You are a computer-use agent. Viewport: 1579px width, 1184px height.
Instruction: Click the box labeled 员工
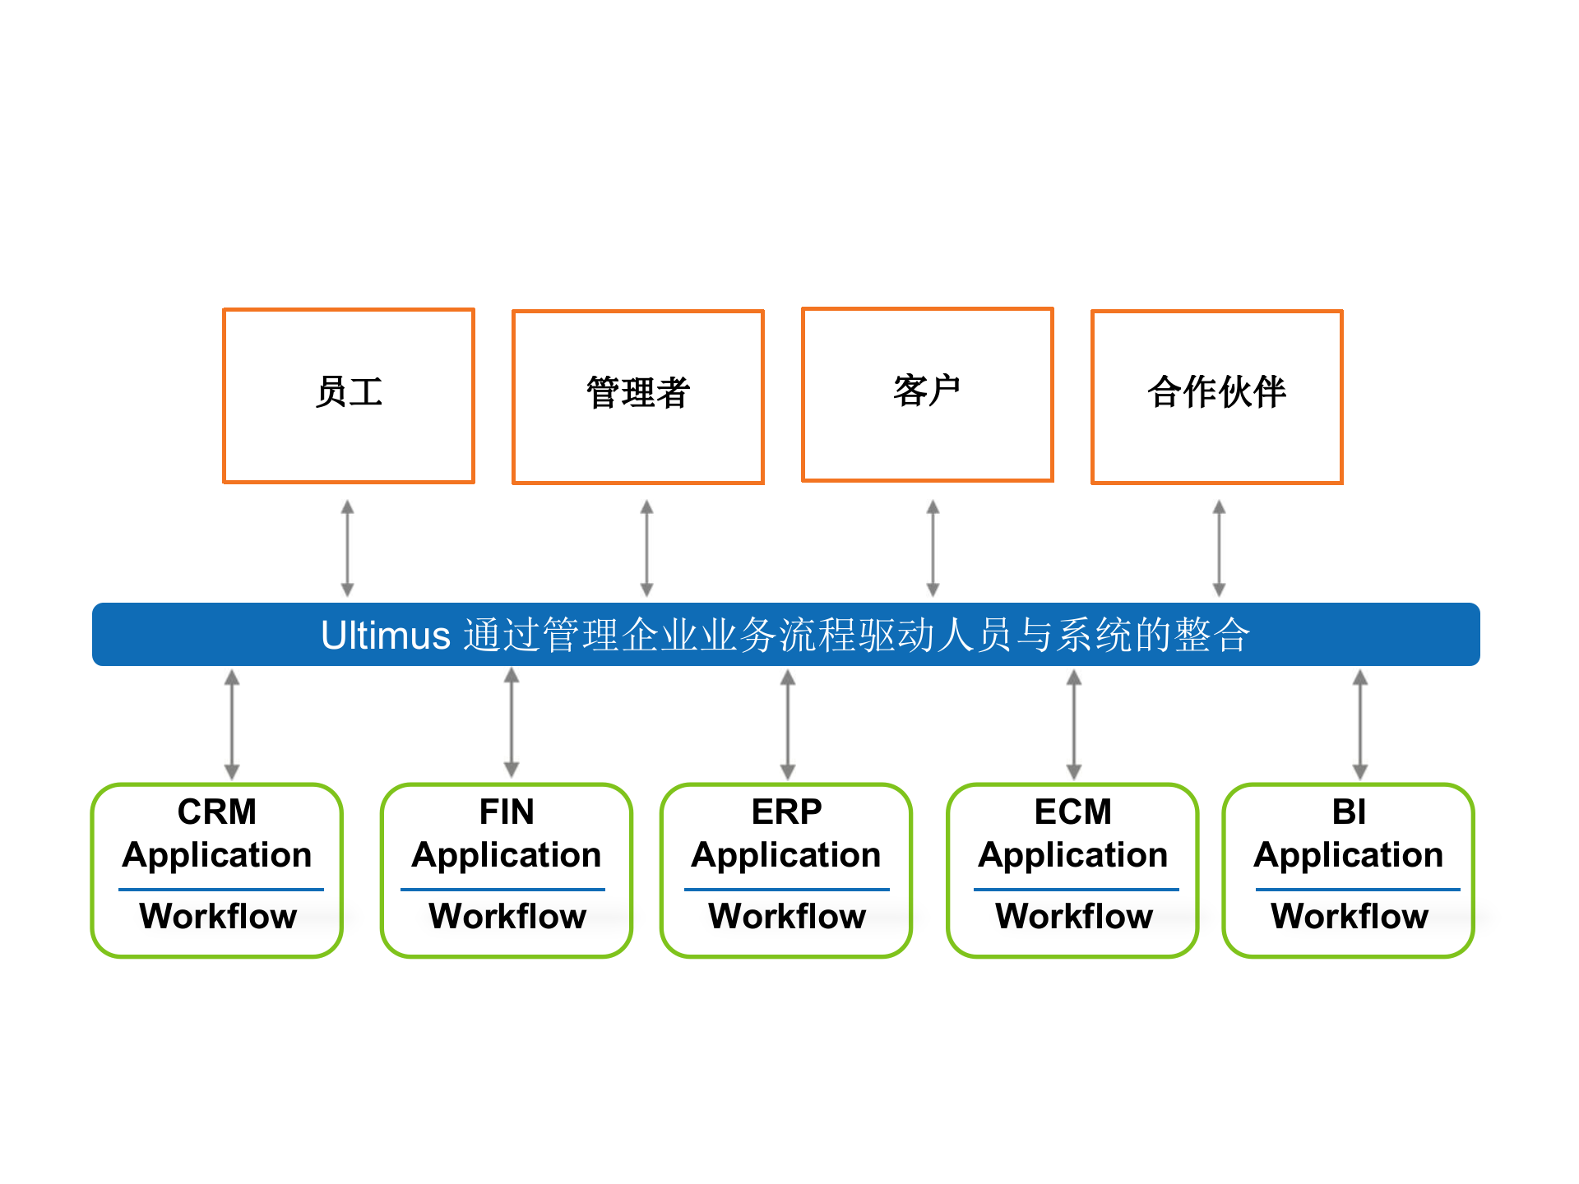point(349,395)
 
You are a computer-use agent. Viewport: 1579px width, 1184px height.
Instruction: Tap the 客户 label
point(927,391)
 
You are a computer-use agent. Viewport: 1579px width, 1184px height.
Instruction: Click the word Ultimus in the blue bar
point(386,636)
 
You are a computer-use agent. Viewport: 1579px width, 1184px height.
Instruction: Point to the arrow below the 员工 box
point(348,548)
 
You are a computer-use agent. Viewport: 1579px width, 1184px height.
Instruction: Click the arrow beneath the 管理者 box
point(647,548)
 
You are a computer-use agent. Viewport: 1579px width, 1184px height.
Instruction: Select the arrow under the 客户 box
point(933,548)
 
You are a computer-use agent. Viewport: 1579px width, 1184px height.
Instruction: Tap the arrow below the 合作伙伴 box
point(1219,548)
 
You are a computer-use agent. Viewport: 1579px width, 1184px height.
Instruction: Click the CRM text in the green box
point(217,812)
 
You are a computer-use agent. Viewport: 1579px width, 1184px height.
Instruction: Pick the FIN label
point(507,812)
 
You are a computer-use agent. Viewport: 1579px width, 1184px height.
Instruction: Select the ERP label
point(786,812)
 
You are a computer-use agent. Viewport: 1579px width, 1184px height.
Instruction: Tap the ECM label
point(1072,812)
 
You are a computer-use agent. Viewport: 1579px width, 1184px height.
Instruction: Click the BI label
point(1349,812)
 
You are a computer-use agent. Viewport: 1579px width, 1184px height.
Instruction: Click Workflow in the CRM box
point(218,916)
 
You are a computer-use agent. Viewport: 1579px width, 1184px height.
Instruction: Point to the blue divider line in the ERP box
point(786,889)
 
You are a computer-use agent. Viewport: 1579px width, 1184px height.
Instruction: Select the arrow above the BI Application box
point(1360,724)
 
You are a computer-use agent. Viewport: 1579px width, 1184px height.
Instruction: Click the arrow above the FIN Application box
point(512,723)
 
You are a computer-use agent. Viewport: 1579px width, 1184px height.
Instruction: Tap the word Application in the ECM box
point(1072,855)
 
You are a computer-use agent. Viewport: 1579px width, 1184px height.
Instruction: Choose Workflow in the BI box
point(1350,916)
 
